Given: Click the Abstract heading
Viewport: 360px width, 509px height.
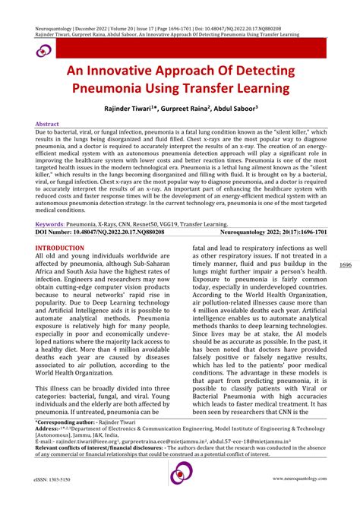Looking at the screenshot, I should point(49,123).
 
